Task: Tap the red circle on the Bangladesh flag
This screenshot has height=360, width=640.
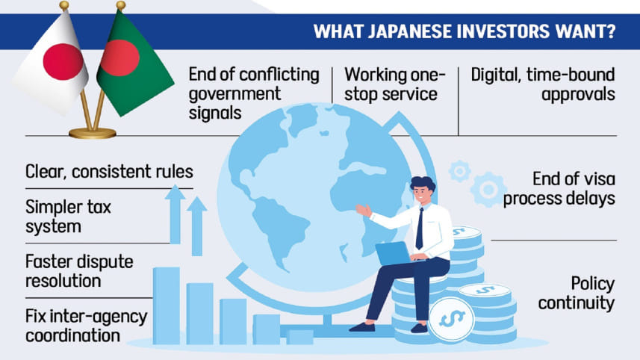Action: [119, 58]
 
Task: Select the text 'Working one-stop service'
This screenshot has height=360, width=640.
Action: [394, 85]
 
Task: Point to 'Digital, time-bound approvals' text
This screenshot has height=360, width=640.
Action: [542, 85]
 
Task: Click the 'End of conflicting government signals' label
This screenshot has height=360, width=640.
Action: [253, 94]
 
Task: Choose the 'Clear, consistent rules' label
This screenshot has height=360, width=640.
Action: [109, 171]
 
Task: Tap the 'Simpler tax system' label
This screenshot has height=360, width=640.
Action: [68, 216]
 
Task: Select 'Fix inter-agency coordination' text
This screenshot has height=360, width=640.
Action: [86, 325]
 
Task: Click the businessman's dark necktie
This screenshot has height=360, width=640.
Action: [420, 229]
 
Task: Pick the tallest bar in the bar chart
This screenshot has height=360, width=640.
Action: [166, 305]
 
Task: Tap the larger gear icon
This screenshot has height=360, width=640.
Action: [489, 188]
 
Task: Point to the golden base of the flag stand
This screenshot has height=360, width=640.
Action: [93, 133]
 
